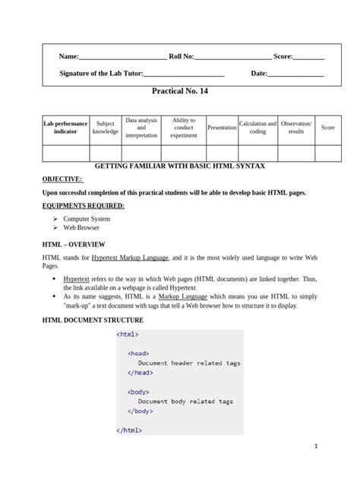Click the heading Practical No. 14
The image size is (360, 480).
point(180,90)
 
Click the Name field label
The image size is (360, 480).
point(69,56)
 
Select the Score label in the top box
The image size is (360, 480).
point(283,56)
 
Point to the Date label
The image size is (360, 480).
point(259,74)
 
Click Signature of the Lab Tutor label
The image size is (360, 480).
point(101,74)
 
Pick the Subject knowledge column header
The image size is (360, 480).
point(106,128)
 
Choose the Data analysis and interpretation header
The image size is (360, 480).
point(141,128)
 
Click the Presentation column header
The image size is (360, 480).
point(222,128)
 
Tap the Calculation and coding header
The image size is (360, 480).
point(257,128)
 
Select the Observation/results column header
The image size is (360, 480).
point(296,128)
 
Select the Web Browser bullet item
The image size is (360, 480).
point(81,227)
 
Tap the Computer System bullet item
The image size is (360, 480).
point(87,219)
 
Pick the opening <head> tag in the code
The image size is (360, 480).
point(138,353)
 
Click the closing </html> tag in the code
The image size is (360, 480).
point(130,430)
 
